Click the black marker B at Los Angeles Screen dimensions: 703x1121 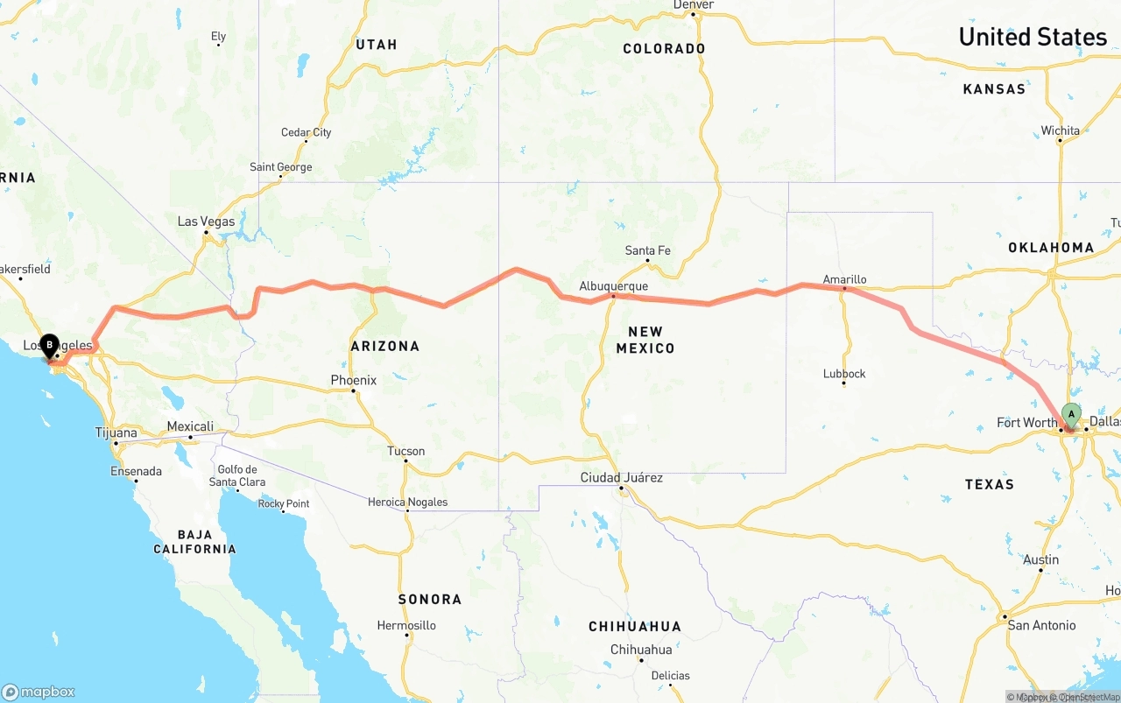[x=49, y=346]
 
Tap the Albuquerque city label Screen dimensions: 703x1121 [x=613, y=286]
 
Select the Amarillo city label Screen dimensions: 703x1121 [x=844, y=279]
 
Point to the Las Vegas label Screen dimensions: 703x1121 [x=206, y=221]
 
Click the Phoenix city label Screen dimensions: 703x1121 [x=353, y=380]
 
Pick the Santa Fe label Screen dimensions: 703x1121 [x=647, y=250]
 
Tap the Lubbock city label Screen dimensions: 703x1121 [x=844, y=374]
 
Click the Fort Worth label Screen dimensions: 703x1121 [x=1027, y=423]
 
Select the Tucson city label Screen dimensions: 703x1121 [x=406, y=452]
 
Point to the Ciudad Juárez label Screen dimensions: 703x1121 [x=622, y=478]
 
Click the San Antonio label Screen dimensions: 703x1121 [x=1041, y=625]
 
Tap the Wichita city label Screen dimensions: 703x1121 [x=1060, y=131]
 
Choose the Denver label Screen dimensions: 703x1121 [x=693, y=5]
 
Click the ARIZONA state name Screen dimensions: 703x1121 [x=385, y=346]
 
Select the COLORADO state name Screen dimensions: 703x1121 [x=664, y=49]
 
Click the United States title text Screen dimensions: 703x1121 [x=1033, y=37]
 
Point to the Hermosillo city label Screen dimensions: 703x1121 [x=406, y=625]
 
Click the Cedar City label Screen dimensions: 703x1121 [x=306, y=133]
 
